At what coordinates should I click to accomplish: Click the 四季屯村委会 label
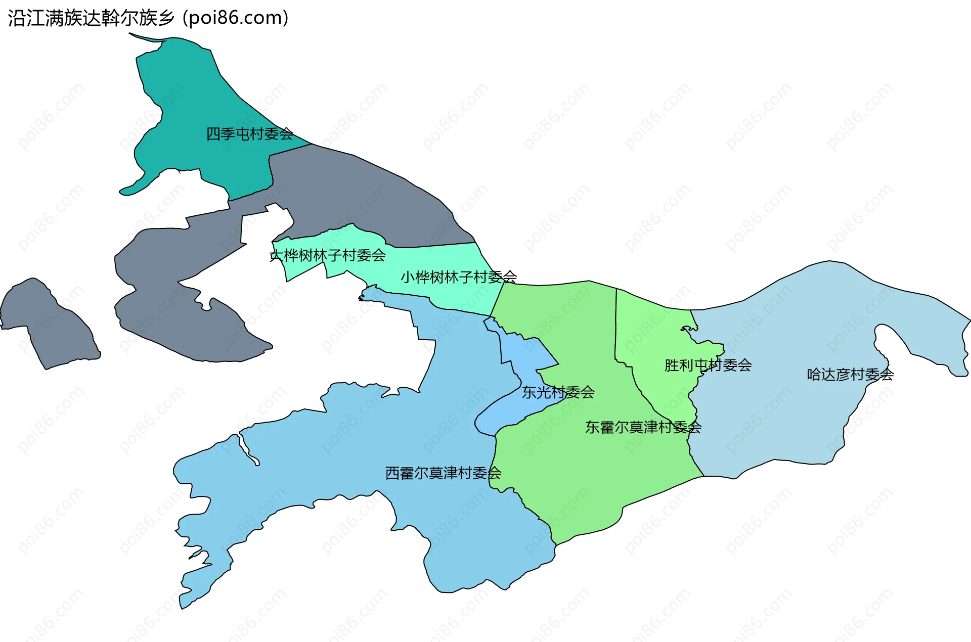[249, 134]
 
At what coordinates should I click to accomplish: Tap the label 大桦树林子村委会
[328, 255]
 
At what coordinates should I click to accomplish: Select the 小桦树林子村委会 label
[459, 277]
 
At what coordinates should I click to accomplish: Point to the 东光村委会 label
[558, 392]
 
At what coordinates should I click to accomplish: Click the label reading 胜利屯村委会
[708, 365]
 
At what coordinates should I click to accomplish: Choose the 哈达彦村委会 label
[850, 375]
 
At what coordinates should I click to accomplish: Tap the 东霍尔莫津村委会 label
[643, 428]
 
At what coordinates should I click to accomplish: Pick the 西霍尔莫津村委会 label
[443, 473]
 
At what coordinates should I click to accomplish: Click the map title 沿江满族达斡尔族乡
[91, 18]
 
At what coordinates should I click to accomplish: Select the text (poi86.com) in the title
[236, 18]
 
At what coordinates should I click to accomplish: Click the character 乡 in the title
[166, 18]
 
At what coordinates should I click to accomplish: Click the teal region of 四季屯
[192, 101]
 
